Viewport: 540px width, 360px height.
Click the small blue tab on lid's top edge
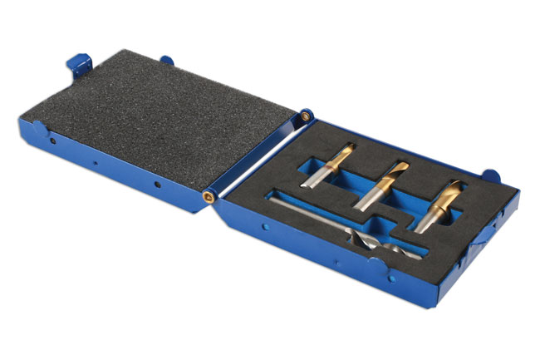click(167, 60)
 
